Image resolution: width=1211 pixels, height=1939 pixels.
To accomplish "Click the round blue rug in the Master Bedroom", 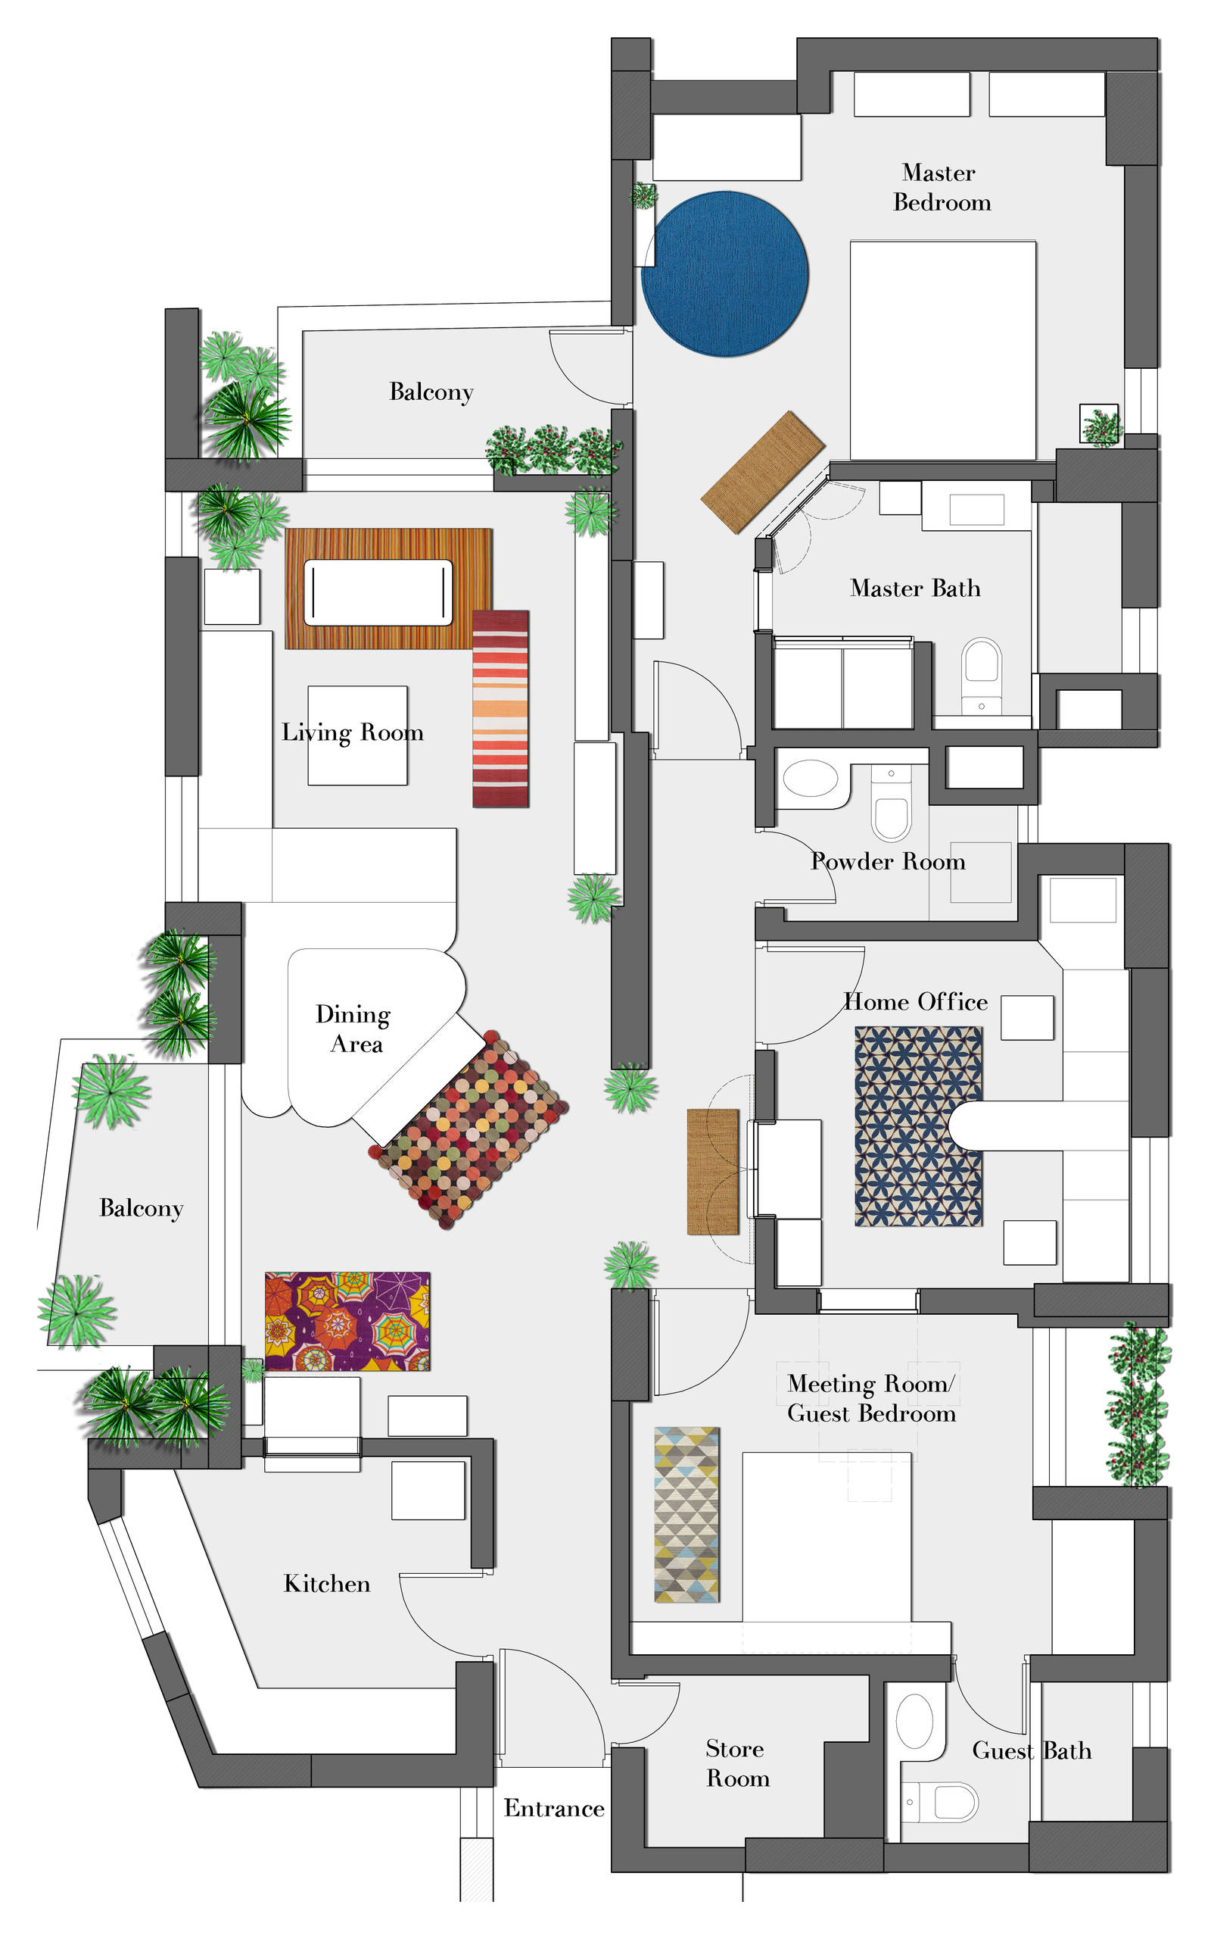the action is click(725, 273).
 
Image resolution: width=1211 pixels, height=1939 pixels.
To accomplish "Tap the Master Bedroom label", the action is click(942, 188).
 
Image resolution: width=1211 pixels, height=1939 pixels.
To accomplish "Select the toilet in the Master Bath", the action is click(982, 675).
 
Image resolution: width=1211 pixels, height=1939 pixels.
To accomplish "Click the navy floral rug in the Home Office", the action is click(919, 1126).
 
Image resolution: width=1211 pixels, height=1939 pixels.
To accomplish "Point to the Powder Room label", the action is click(889, 861).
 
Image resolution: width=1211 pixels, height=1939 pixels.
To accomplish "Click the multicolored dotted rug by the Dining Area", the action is click(469, 1130).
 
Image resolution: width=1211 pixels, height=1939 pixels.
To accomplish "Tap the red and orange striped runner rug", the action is click(500, 708).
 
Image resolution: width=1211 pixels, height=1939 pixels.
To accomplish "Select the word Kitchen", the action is click(327, 1583).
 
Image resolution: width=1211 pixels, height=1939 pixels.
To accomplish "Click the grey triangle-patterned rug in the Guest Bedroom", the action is click(686, 1514).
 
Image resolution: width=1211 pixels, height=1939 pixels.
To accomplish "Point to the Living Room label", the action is click(353, 732).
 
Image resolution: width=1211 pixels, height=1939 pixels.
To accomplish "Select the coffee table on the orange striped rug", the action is click(378, 592).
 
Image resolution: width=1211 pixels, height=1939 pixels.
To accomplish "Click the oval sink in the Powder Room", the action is click(811, 778).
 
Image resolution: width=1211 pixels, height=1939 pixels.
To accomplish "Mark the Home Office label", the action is click(917, 1001).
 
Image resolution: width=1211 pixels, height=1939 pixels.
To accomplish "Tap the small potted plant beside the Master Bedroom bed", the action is click(1100, 425).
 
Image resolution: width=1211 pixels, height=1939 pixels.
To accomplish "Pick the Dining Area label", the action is click(353, 1029).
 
